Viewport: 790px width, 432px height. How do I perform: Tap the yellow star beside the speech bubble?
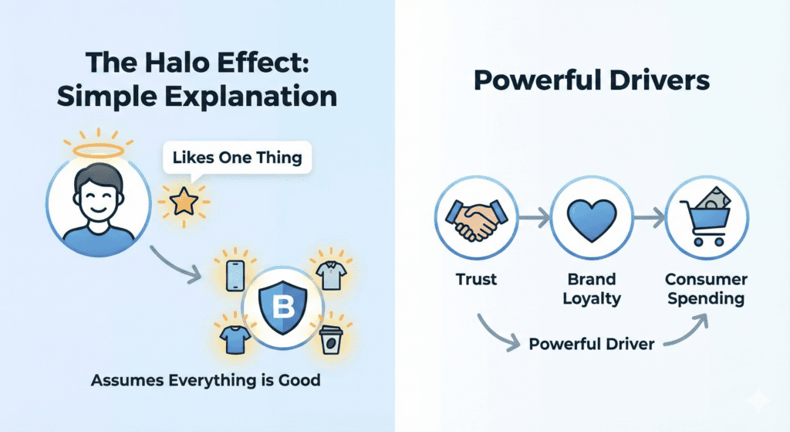coord(184,202)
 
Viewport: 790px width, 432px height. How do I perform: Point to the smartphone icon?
coord(236,276)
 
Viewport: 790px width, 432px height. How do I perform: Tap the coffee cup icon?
coord(331,341)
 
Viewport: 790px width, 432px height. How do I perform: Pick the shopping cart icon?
coord(704,218)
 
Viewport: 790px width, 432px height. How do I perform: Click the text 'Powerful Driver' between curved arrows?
coord(592,343)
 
